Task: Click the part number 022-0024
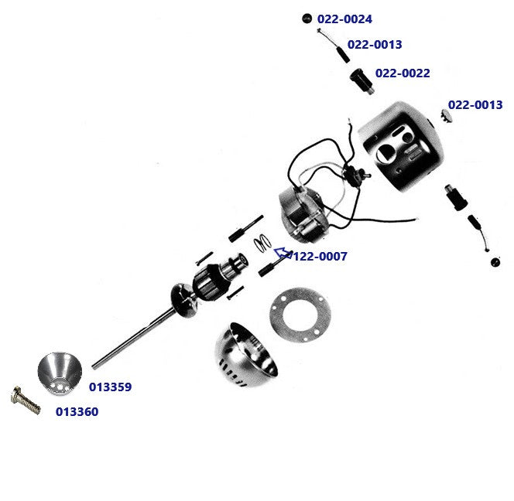pyautogui.click(x=344, y=18)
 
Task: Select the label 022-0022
pyautogui.click(x=403, y=73)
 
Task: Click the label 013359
pyautogui.click(x=110, y=387)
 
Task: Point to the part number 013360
pyautogui.click(x=77, y=412)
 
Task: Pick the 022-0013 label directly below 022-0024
pyautogui.click(x=375, y=45)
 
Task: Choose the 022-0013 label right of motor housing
pyautogui.click(x=475, y=105)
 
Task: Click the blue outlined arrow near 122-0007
pyautogui.click(x=283, y=252)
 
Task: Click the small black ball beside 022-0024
pyautogui.click(x=307, y=18)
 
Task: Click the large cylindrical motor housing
pyautogui.click(x=399, y=151)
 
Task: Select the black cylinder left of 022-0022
pyautogui.click(x=361, y=80)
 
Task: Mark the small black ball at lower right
pyautogui.click(x=495, y=261)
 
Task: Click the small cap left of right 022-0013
pyautogui.click(x=446, y=114)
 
